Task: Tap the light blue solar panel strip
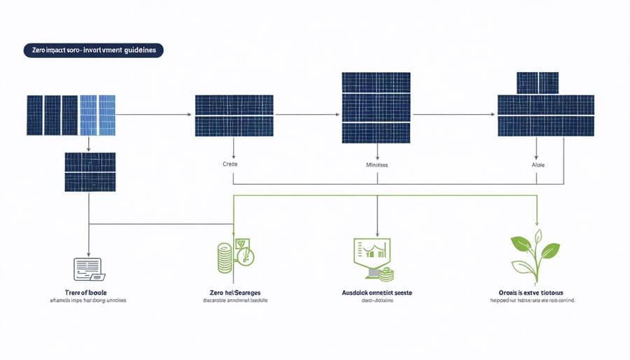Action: click(97, 114)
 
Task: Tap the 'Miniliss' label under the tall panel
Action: click(378, 166)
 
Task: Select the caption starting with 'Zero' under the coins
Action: click(234, 289)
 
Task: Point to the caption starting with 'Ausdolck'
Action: click(379, 289)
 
